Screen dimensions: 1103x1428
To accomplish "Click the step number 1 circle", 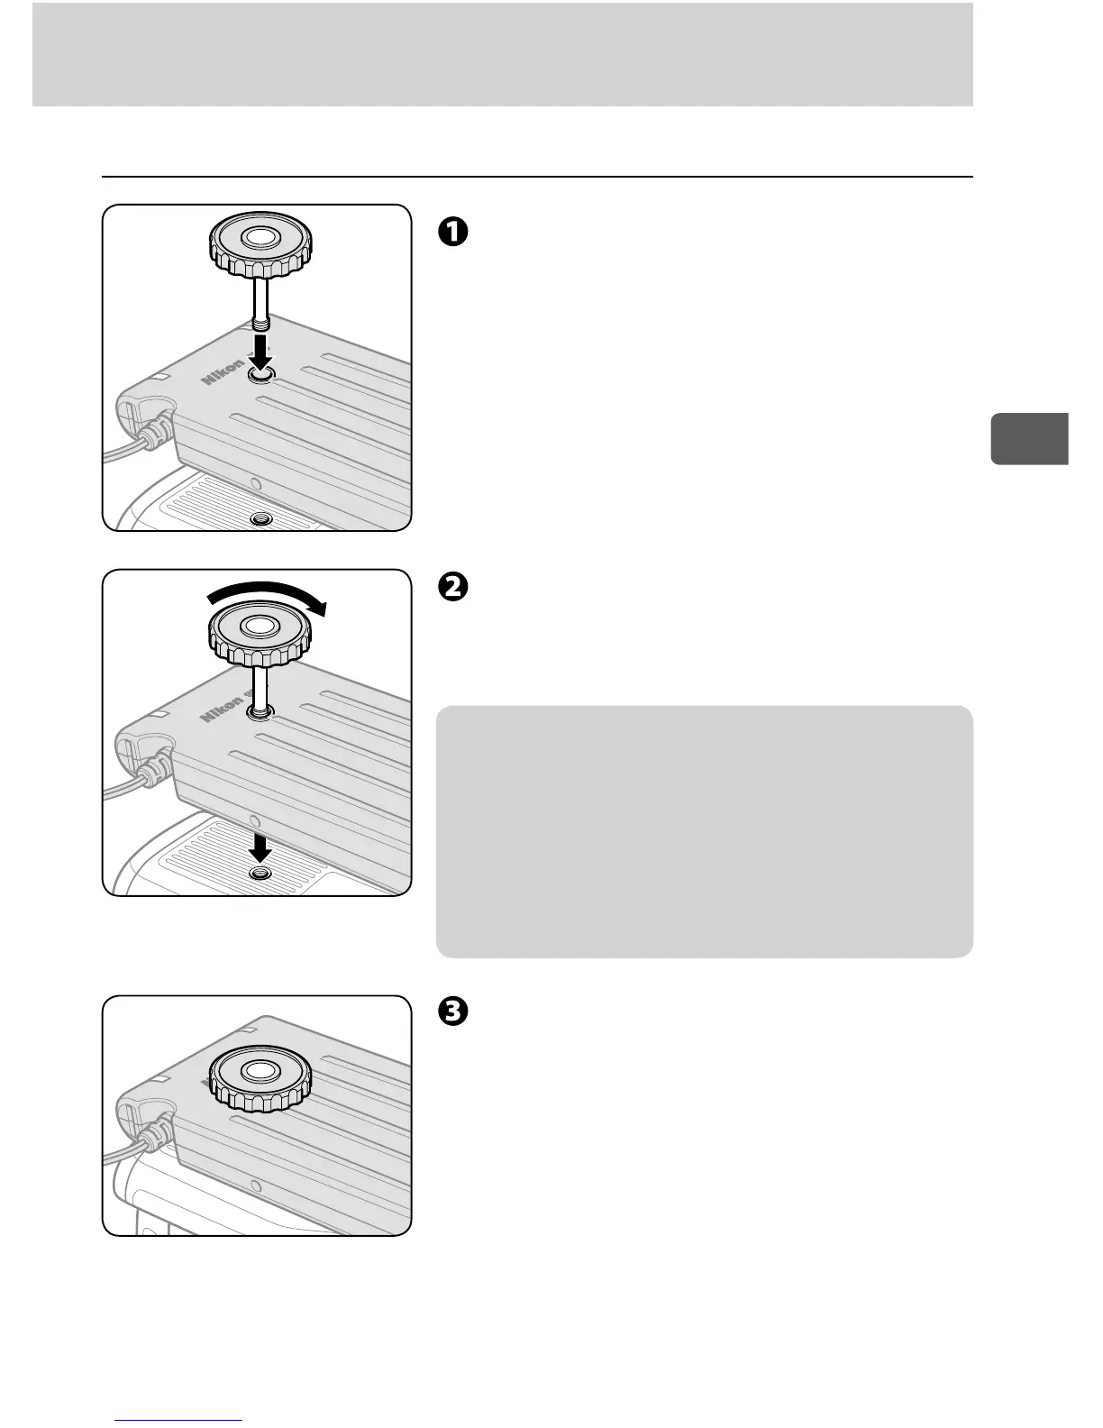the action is pyautogui.click(x=452, y=232).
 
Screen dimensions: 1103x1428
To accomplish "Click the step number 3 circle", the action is pyautogui.click(x=452, y=1012).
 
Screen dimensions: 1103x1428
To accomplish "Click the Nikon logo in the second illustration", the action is pyautogui.click(x=223, y=708).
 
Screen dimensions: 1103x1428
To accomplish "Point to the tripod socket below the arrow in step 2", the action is pyautogui.click(x=261, y=875).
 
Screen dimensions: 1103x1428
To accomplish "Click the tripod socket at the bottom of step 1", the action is pyautogui.click(x=261, y=519).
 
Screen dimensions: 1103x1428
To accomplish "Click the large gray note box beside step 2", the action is pyautogui.click(x=704, y=830).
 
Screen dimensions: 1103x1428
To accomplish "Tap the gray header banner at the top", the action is pyautogui.click(x=502, y=54).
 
